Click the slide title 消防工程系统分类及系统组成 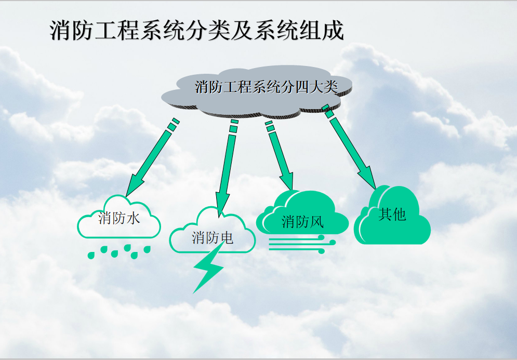click(197, 30)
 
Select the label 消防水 click(119, 218)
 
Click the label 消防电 click(213, 238)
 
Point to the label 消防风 click(303, 221)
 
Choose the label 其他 click(392, 214)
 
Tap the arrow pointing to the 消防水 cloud click(153, 157)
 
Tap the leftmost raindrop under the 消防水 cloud click(91, 255)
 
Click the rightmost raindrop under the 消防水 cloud click(147, 249)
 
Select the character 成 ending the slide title click(334, 30)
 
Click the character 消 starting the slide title click(61, 30)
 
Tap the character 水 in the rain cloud click(134, 218)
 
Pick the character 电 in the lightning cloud click(227, 238)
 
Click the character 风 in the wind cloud click(317, 222)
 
